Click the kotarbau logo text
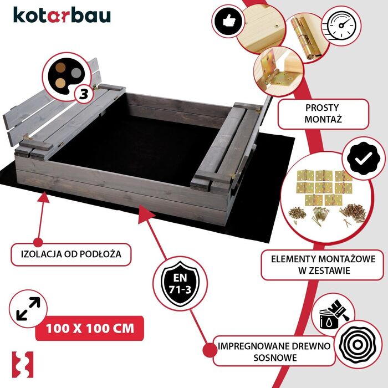[61, 15]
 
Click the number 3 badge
[84, 93]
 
